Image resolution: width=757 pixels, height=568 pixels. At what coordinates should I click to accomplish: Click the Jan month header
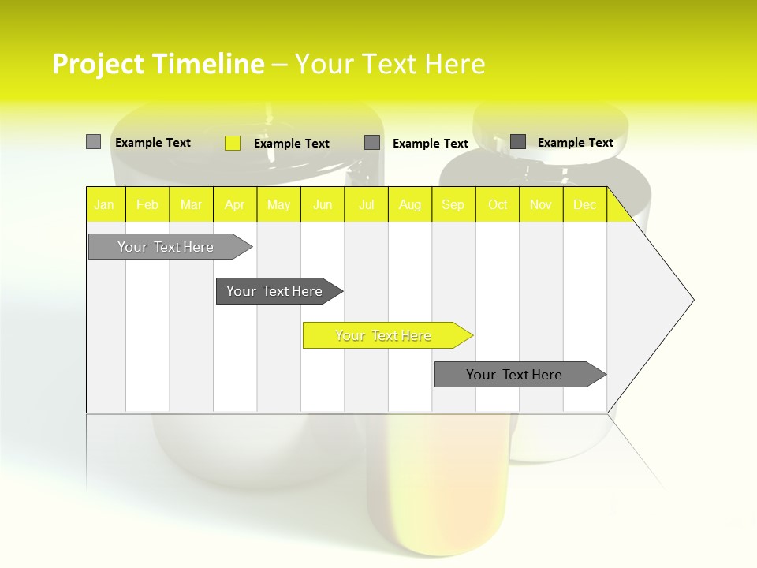[x=105, y=204]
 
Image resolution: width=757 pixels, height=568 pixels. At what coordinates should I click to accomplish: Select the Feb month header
[x=147, y=204]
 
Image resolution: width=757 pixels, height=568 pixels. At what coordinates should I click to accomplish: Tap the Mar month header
[x=191, y=204]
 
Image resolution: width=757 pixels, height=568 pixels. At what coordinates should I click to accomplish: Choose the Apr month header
[x=235, y=204]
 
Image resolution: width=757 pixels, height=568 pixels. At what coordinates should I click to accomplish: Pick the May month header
[x=278, y=204]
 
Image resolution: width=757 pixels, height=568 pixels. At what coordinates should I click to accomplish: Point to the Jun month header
[x=323, y=204]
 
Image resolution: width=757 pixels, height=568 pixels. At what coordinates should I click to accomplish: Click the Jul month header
[x=366, y=204]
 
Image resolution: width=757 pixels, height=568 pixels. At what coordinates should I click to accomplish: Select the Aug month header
[x=410, y=204]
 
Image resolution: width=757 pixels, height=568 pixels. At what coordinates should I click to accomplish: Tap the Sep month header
[x=453, y=204]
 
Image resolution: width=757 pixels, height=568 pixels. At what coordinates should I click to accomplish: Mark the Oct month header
[x=498, y=204]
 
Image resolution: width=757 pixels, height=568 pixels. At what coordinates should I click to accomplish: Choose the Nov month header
[x=541, y=204]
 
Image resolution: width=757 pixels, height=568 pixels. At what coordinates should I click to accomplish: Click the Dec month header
[x=585, y=204]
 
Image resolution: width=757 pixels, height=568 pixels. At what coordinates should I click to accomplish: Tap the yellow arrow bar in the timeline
[x=384, y=335]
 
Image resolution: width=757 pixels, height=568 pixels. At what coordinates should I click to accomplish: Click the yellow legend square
[x=233, y=143]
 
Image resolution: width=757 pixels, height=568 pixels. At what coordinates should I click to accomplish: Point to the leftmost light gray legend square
[x=94, y=142]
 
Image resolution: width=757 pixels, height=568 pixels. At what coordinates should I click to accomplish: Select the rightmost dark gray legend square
[x=518, y=142]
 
